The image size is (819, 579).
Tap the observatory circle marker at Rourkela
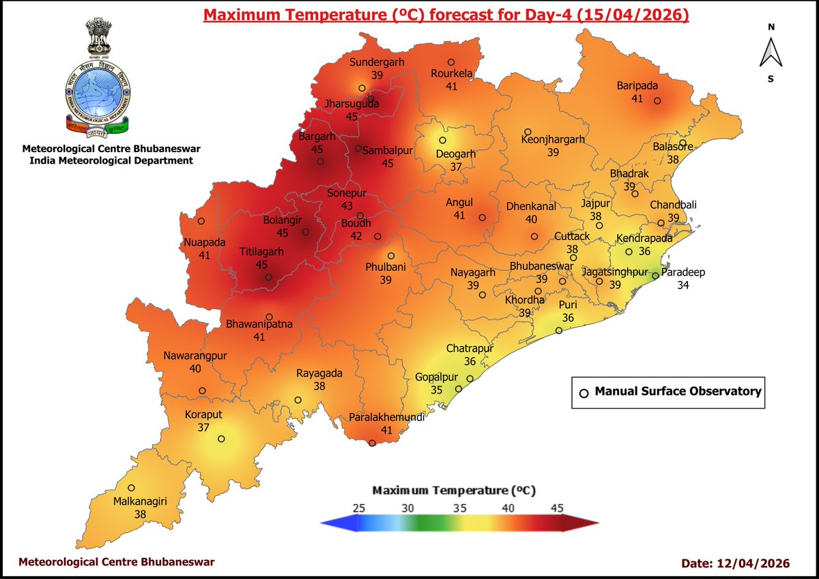click(451, 62)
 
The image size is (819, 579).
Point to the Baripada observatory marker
click(657, 101)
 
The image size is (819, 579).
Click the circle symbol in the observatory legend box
click(584, 393)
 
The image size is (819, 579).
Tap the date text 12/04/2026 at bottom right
click(753, 563)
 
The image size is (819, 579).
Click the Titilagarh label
click(261, 251)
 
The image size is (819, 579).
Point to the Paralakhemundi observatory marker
click(372, 443)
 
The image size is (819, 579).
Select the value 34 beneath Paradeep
click(683, 284)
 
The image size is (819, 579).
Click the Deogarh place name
click(456, 153)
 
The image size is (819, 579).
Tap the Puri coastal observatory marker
click(558, 331)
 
